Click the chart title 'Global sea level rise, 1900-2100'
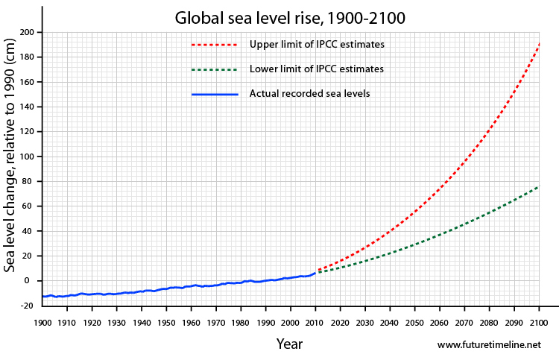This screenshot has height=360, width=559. (x=290, y=17)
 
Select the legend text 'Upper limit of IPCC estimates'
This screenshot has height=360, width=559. (x=317, y=45)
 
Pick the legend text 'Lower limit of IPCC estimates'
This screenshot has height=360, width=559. (x=317, y=69)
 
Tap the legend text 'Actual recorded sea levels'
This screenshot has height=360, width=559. (x=309, y=94)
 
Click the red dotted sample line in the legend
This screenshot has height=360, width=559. (x=214, y=45)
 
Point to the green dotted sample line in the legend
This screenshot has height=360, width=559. (x=214, y=69)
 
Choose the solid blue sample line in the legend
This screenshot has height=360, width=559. (x=214, y=94)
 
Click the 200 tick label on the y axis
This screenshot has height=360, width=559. (x=27, y=32)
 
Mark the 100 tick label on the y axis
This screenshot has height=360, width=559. (x=27, y=157)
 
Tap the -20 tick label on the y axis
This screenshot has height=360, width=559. (x=27, y=306)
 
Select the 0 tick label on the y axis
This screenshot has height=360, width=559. (x=31, y=281)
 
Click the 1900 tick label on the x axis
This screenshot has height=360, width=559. (x=42, y=322)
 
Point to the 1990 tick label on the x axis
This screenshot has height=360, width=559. (x=265, y=322)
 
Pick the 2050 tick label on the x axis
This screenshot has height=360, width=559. (x=414, y=322)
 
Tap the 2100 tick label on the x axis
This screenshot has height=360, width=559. (x=538, y=322)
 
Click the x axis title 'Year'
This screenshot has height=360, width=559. (x=289, y=344)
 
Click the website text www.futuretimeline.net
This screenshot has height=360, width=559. (x=488, y=345)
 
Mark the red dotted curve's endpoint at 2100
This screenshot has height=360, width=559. (x=538, y=45)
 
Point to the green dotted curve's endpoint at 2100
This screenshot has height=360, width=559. (x=538, y=186)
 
